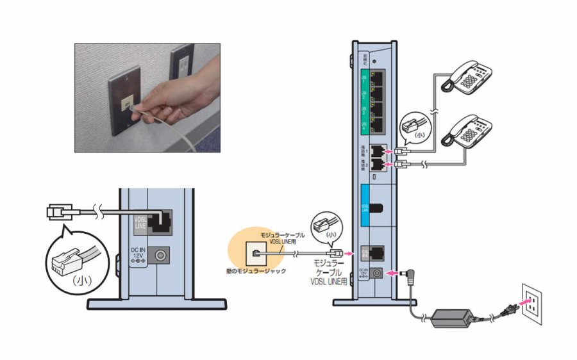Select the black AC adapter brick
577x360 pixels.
pos(452,316)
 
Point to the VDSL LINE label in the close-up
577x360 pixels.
pos(139,224)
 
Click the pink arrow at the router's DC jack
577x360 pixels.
pos(398,272)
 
